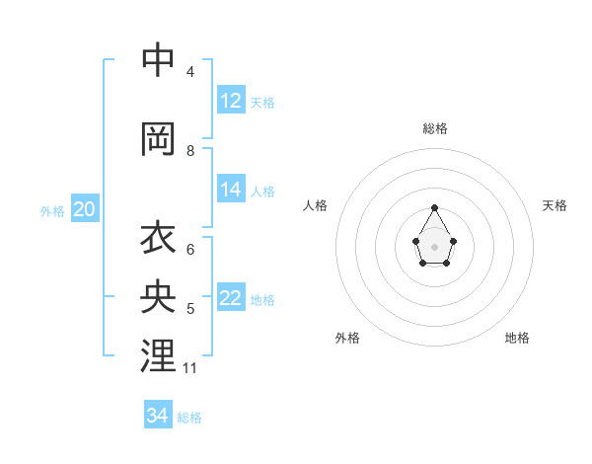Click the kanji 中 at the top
[158, 60]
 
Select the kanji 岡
[158, 139]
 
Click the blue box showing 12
[231, 101]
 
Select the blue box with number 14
[231, 190]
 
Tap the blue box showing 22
[231, 298]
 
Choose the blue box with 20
[84, 209]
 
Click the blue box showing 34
[158, 416]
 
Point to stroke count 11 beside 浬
[190, 368]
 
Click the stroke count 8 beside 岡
[190, 151]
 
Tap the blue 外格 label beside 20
[52, 210]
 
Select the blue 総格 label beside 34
[189, 418]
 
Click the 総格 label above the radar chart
[435, 128]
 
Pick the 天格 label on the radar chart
[555, 205]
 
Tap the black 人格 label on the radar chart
[316, 205]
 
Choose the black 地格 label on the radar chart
[517, 338]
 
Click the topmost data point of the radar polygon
[435, 207]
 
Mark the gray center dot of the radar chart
[435, 245]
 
